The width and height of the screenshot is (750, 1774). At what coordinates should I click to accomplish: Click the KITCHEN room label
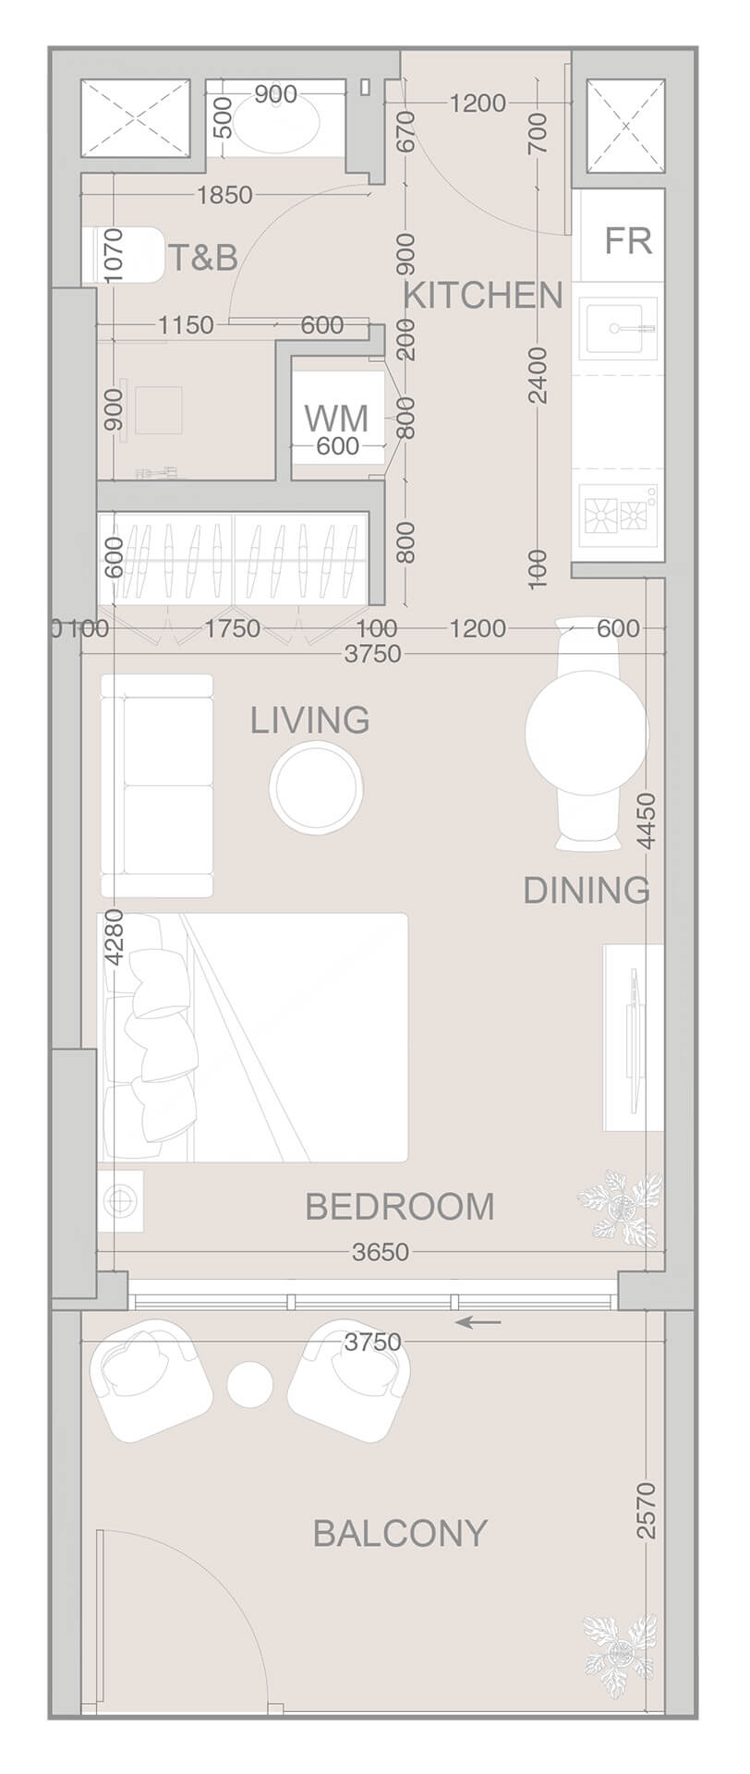pyautogui.click(x=483, y=296)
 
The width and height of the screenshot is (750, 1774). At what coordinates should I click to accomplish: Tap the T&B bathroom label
pyautogui.click(x=202, y=258)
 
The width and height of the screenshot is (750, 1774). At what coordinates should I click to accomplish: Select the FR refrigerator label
pyautogui.click(x=628, y=240)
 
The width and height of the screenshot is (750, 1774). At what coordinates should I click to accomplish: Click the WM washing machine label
pyautogui.click(x=336, y=418)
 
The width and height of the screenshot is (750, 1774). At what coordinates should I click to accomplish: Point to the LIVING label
pyautogui.click(x=310, y=720)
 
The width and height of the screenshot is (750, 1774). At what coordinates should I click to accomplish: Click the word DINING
pyautogui.click(x=587, y=891)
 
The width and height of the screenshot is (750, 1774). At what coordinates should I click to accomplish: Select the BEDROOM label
pyautogui.click(x=400, y=1207)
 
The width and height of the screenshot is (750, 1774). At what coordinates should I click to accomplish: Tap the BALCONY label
pyautogui.click(x=400, y=1534)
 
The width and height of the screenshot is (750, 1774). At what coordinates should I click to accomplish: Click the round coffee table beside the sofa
pyautogui.click(x=316, y=786)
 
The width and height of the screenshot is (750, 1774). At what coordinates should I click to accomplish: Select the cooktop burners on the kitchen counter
pyautogui.click(x=619, y=515)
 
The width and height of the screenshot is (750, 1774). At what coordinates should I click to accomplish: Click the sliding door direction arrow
pyautogui.click(x=480, y=1322)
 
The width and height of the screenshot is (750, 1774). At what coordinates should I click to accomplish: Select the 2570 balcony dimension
pyautogui.click(x=647, y=1511)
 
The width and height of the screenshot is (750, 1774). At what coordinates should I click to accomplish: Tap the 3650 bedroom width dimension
pyautogui.click(x=381, y=1252)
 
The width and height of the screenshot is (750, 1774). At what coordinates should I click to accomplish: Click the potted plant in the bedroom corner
pyautogui.click(x=621, y=1205)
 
